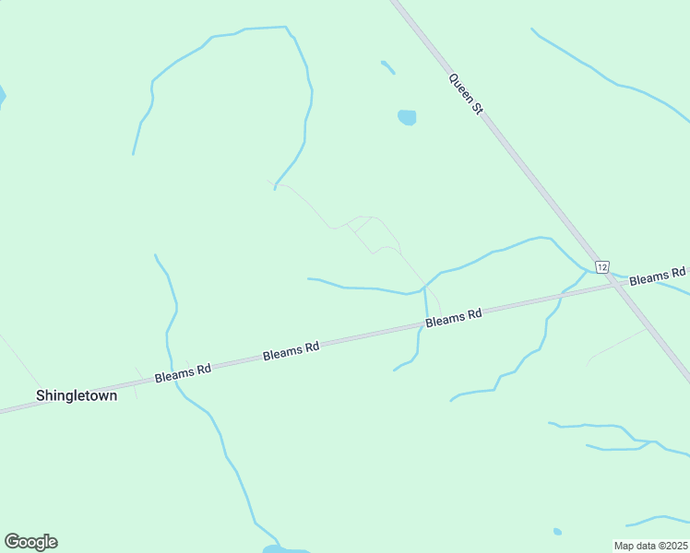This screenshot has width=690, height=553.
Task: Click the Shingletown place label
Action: [77, 394]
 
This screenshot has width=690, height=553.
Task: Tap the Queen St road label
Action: [466, 94]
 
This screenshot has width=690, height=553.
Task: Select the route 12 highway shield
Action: [601, 266]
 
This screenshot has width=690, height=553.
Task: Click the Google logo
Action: [30, 541]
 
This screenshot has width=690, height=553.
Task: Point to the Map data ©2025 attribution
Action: [650, 546]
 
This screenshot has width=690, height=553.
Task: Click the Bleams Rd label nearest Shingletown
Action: [183, 372]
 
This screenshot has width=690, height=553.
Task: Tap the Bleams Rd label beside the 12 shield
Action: [658, 276]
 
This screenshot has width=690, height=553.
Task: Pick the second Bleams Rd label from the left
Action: [291, 351]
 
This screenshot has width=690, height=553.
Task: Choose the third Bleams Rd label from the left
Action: [454, 318]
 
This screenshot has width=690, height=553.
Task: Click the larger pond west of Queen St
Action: [407, 117]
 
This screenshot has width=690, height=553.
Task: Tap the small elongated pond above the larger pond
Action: [387, 66]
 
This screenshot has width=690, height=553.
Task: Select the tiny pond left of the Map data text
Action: [557, 532]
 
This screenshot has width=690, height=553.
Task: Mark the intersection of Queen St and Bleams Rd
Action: [615, 284]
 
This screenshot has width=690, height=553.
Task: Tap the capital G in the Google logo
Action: [12, 541]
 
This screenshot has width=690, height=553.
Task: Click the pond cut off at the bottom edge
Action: [276, 549]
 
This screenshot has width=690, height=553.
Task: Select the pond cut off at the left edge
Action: [2, 96]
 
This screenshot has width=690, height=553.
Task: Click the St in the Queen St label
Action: [477, 108]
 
